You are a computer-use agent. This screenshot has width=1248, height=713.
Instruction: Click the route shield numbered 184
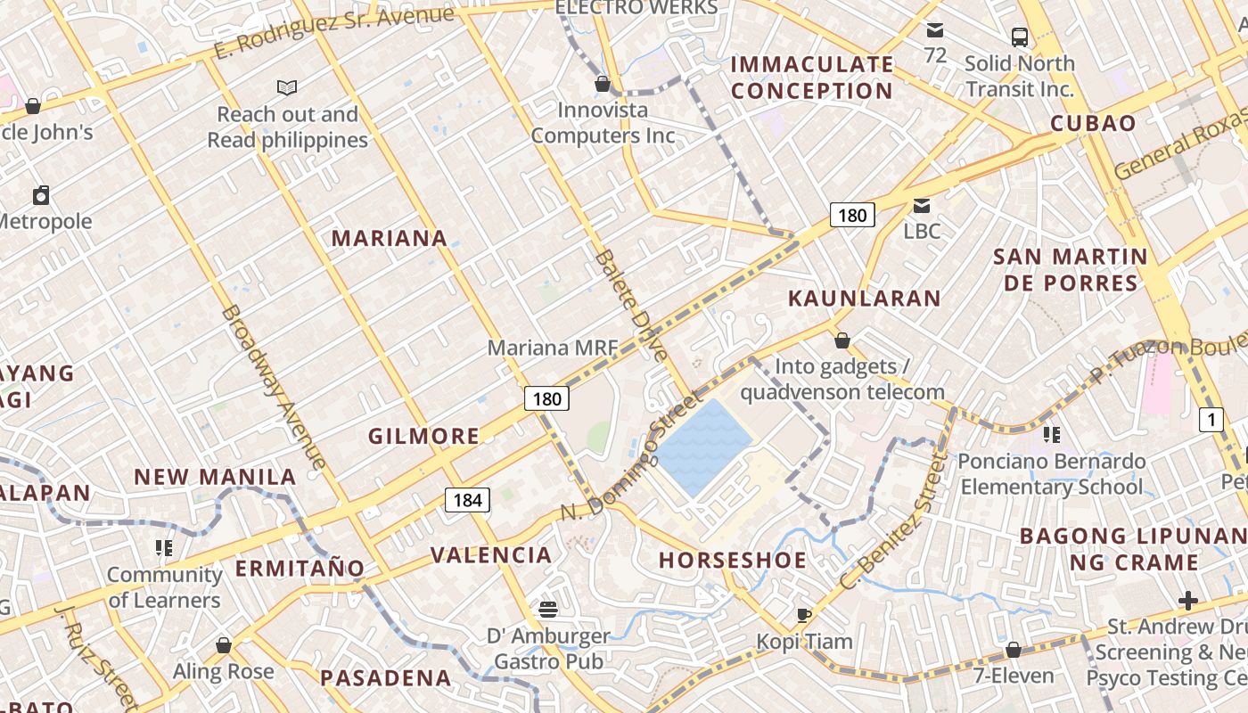tap(467, 500)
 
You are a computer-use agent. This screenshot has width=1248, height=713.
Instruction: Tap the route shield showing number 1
tap(1211, 419)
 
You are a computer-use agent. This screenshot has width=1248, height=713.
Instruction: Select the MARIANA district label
tap(390, 238)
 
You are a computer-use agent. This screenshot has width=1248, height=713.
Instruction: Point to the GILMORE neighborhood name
tap(424, 436)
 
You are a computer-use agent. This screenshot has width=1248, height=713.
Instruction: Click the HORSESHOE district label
tap(733, 561)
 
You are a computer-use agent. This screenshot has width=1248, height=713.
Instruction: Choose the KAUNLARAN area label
tap(865, 299)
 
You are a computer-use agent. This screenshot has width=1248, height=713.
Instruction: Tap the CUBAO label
tap(1093, 124)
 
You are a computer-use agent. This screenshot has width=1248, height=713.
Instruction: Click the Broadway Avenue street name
tap(273, 388)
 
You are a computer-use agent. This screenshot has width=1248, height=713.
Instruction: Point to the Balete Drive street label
tap(631, 306)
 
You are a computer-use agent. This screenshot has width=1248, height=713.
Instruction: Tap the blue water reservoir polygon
tap(705, 447)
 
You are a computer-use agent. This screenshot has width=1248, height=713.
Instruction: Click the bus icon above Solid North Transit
tap(1020, 37)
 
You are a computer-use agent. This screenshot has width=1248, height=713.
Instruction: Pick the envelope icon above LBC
tap(922, 206)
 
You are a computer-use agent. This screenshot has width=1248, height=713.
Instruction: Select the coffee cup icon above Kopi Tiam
tap(804, 615)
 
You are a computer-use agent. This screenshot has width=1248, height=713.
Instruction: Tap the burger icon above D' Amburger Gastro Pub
tap(548, 610)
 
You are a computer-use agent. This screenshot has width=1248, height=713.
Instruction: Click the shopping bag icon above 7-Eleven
tap(1013, 650)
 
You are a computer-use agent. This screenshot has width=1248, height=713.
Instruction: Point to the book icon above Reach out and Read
tap(287, 87)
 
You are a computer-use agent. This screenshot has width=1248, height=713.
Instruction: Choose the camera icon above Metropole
tap(41, 195)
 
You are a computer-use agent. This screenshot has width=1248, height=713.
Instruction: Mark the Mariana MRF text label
tap(552, 348)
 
